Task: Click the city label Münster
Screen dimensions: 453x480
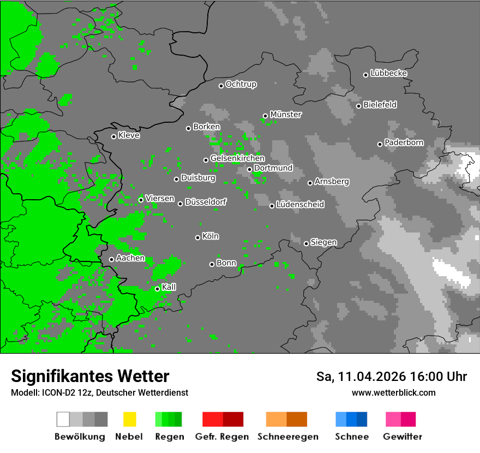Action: [x=285, y=115]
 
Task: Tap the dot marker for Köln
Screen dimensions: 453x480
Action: [x=197, y=237]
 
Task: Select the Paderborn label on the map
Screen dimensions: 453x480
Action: [x=404, y=142]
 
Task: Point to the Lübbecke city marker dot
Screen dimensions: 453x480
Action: [x=366, y=75]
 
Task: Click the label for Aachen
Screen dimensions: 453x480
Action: [x=130, y=258]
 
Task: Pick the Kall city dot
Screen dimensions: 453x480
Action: [x=157, y=289]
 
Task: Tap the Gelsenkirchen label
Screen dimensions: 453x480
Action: [x=237, y=158]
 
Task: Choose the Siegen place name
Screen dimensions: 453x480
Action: [x=323, y=242]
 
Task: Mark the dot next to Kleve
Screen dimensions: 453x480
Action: [x=113, y=136]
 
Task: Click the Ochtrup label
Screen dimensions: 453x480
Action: [x=241, y=85]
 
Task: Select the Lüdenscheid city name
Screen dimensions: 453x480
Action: [x=300, y=205]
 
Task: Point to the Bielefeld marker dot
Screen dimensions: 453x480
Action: [x=358, y=106]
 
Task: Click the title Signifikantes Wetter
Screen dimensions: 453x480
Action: [x=90, y=376]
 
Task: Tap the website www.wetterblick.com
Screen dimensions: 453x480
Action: [x=393, y=392]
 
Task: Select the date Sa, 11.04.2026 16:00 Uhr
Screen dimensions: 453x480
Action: [x=391, y=377]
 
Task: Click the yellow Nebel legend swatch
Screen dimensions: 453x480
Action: [x=129, y=419]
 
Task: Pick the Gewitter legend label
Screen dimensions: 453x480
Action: [x=402, y=437]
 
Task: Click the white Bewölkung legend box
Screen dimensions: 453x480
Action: [x=63, y=419]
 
